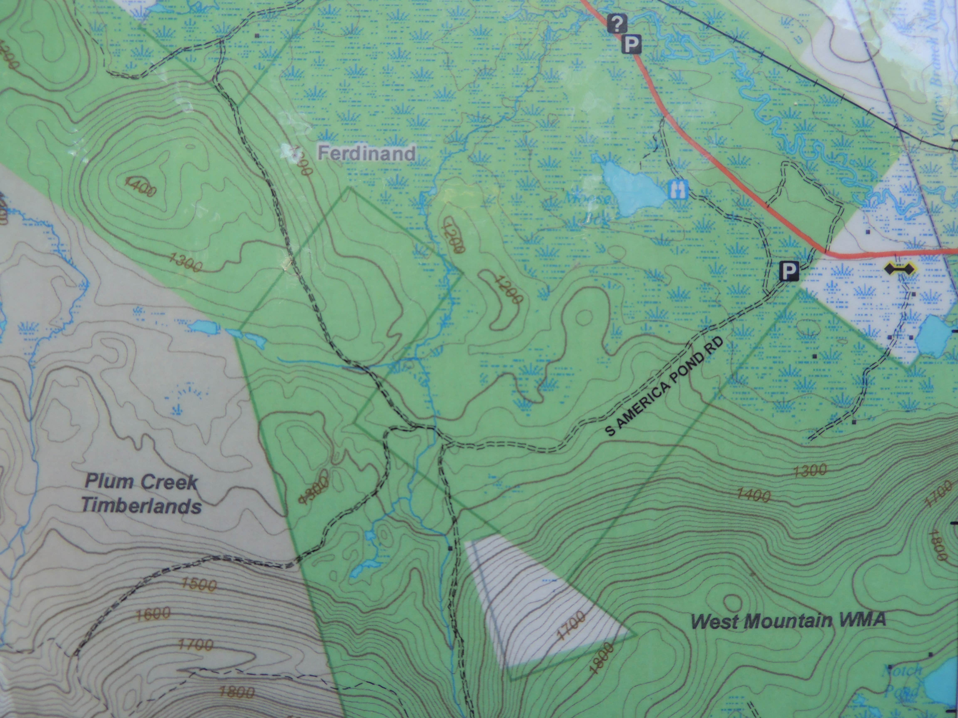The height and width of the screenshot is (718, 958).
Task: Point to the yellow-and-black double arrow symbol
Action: pyautogui.click(x=900, y=269)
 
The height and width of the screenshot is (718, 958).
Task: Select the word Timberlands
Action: pyautogui.click(x=142, y=505)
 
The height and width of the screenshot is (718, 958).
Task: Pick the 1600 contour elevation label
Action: pyautogui.click(x=153, y=614)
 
